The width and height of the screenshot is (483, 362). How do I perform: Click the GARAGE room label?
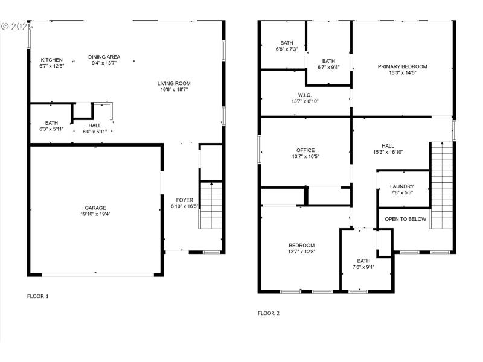[x=95, y=207]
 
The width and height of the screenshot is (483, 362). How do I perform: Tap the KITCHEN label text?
[x=51, y=60]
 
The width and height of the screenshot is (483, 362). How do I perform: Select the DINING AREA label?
[x=104, y=57]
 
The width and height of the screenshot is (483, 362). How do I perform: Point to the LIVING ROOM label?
[x=174, y=84]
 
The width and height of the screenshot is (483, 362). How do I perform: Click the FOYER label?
[x=185, y=200]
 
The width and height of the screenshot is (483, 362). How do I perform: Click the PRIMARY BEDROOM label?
[x=402, y=66]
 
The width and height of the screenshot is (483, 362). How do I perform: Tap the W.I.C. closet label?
[x=304, y=95]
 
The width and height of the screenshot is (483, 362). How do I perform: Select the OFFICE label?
[x=305, y=150]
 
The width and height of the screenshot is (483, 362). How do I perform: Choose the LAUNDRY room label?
[x=401, y=186]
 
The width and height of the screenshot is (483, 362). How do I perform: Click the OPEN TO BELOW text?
[x=406, y=219]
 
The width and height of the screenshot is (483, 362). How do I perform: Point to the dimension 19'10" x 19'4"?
[x=95, y=214]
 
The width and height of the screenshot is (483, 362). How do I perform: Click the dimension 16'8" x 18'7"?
[x=174, y=90]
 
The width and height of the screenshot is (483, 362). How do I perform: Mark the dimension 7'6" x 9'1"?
[x=363, y=267]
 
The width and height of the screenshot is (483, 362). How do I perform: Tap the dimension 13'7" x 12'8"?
[x=301, y=252]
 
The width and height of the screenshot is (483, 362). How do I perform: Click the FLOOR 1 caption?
[x=38, y=296]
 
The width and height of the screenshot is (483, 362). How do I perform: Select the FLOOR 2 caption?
[x=269, y=313]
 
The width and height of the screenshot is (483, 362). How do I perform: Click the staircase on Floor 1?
[x=211, y=205]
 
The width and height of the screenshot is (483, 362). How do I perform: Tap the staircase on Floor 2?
[x=441, y=185]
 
